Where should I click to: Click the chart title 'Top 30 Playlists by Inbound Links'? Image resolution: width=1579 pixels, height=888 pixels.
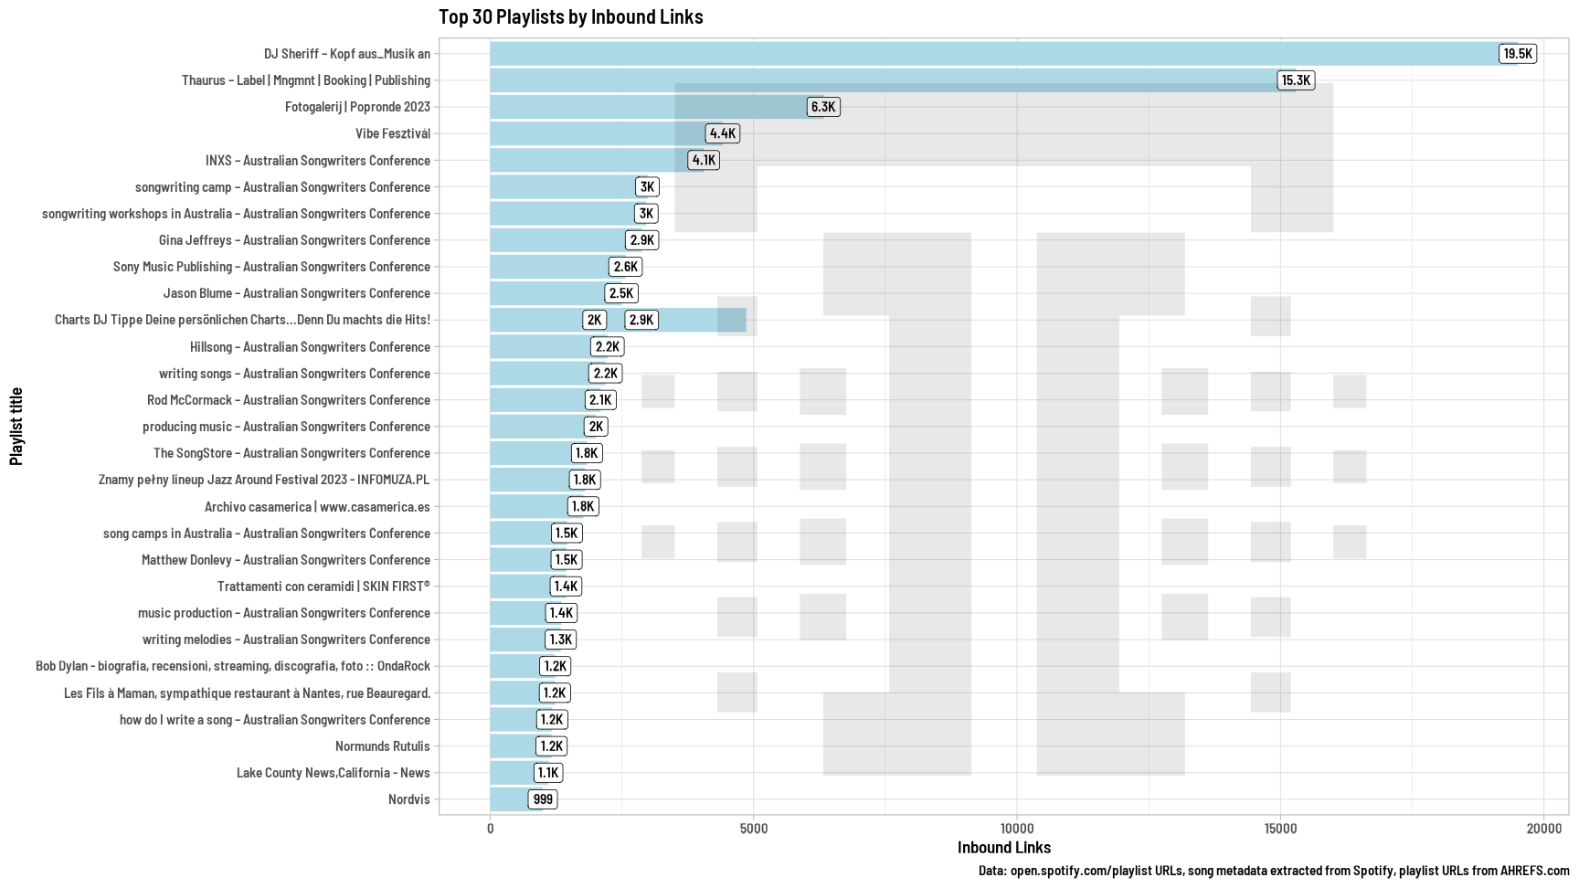(x=570, y=16)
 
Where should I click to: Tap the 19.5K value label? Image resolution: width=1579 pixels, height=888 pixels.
(x=1517, y=54)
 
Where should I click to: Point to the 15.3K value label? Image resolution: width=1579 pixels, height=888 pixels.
(x=1295, y=80)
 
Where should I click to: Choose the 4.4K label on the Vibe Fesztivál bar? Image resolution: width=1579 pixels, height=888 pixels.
(x=722, y=133)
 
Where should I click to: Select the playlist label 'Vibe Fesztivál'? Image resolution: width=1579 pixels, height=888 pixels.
(x=392, y=133)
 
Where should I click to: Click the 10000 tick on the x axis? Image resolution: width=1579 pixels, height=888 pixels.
(x=1017, y=829)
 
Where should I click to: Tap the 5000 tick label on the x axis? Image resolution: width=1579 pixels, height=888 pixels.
(x=754, y=829)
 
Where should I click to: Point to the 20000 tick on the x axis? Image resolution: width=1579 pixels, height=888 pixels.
(x=1543, y=829)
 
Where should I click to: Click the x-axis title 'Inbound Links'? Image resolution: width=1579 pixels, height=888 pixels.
(x=1003, y=848)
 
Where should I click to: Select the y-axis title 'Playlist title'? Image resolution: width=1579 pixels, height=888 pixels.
(x=16, y=426)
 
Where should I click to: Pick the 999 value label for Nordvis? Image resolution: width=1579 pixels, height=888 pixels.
(x=543, y=799)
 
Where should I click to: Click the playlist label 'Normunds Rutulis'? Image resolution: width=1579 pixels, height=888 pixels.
(x=382, y=746)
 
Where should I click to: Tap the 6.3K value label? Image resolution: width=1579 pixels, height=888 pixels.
(x=822, y=107)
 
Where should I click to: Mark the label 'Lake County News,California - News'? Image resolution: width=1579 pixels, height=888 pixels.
(x=333, y=773)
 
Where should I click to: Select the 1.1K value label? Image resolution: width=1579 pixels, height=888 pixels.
(x=547, y=773)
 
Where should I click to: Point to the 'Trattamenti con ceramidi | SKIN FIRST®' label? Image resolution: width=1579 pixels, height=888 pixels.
(x=323, y=587)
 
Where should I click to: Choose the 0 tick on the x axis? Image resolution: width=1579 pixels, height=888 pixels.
(x=491, y=829)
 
